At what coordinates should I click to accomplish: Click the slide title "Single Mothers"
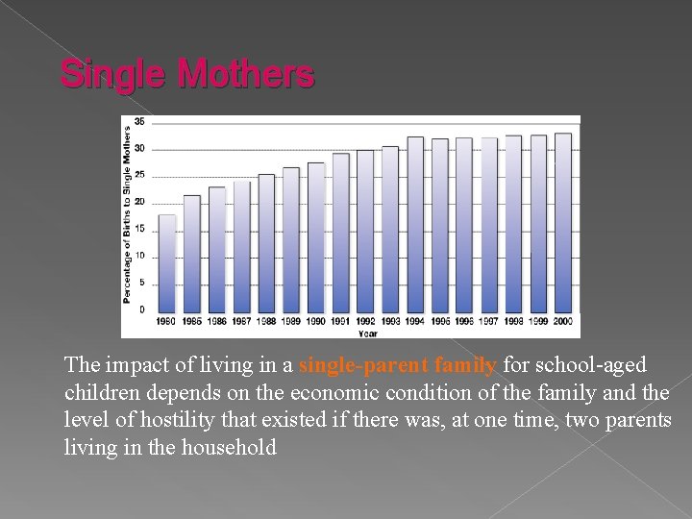[187, 74]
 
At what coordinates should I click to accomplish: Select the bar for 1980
[167, 262]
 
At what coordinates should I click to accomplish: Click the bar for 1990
[315, 236]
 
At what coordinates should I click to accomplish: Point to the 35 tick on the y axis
[139, 122]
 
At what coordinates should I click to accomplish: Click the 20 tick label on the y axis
[139, 202]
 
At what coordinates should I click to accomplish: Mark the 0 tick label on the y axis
[141, 309]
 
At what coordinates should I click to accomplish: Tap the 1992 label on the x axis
[365, 321]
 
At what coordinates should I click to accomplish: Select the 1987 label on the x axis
[241, 321]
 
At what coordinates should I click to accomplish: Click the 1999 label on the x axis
[538, 321]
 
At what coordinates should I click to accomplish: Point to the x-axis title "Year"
[367, 333]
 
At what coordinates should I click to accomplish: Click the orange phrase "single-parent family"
[398, 366]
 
